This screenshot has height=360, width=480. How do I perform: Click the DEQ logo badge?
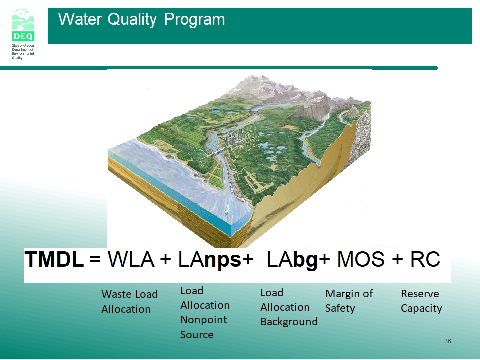(x=23, y=25)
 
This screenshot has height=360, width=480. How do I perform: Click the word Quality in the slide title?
(x=132, y=20)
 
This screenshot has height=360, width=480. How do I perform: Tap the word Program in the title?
(x=194, y=20)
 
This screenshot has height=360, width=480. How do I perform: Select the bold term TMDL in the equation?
(x=54, y=259)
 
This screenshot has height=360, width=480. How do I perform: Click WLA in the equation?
(x=131, y=259)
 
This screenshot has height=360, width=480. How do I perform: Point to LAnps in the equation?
(x=209, y=260)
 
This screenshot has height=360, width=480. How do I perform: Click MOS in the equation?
(x=361, y=259)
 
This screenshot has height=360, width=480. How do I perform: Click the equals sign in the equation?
(x=95, y=260)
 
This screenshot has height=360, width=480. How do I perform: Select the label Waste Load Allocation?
(x=130, y=302)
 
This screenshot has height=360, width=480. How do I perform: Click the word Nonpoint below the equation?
(x=204, y=320)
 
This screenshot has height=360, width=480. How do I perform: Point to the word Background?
(x=289, y=322)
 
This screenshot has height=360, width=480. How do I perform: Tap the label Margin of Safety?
(x=349, y=301)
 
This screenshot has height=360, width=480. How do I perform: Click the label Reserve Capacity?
(x=421, y=301)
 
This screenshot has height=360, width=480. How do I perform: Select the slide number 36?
(x=448, y=341)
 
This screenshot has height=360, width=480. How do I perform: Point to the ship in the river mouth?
(x=227, y=209)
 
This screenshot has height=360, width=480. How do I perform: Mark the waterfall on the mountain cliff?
(x=328, y=116)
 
